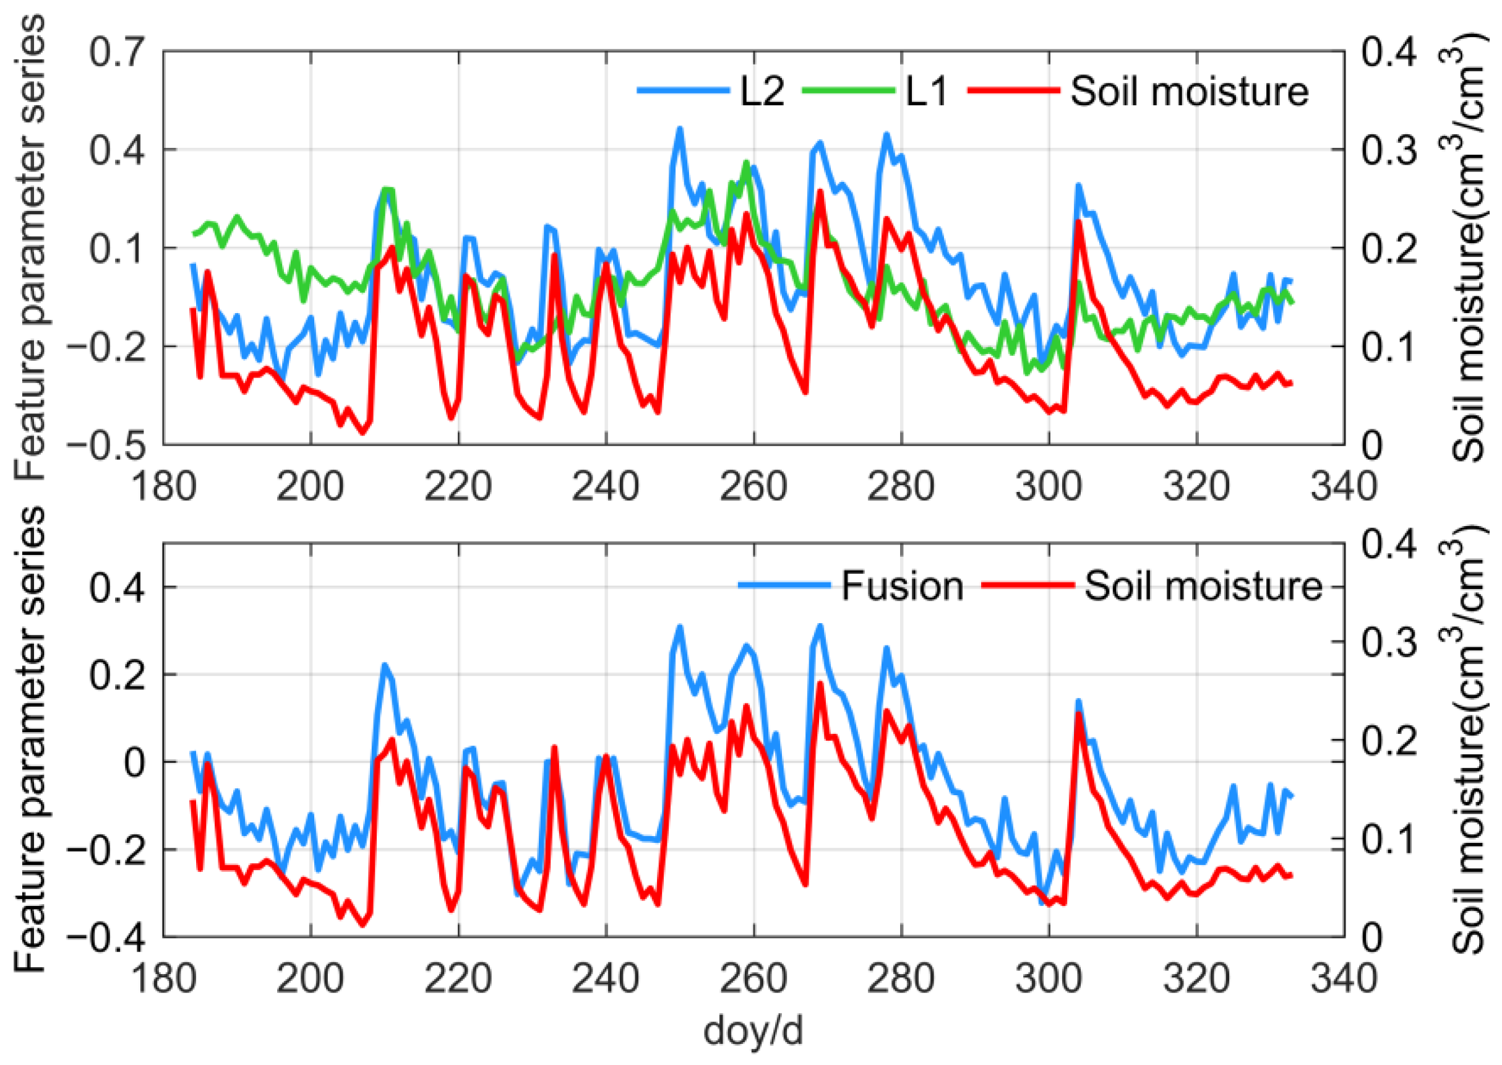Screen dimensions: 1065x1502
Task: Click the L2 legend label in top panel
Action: (762, 92)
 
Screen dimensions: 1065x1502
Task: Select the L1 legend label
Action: (926, 92)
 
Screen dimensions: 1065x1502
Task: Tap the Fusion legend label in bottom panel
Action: (902, 585)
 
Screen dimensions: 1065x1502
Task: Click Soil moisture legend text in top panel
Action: (1189, 92)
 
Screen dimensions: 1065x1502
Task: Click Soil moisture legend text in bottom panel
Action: (1203, 585)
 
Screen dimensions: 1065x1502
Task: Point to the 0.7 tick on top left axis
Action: (116, 52)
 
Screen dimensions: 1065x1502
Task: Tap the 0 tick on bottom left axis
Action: (134, 762)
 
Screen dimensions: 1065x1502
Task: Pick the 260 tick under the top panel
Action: (753, 486)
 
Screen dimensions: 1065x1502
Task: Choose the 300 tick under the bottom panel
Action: (1049, 978)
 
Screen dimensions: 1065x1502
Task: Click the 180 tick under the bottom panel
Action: (164, 978)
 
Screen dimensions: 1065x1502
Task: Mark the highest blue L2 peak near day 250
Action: (680, 129)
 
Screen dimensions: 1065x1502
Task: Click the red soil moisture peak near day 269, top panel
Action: (820, 191)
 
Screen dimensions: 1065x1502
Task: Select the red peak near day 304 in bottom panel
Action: (1078, 714)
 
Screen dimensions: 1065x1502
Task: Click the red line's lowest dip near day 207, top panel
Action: (363, 433)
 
